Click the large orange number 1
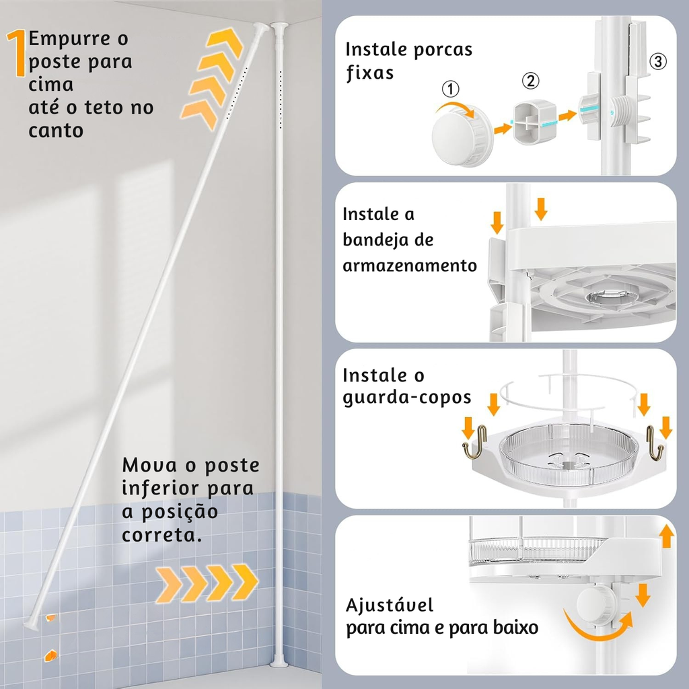coord(17,53)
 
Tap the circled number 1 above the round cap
coord(450,89)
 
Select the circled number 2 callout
coord(531,81)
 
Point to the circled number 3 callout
coord(658,61)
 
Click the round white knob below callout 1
coord(462,135)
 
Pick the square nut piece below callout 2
coord(535,122)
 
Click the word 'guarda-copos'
coord(407,398)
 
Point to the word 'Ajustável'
coord(390,605)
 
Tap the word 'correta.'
coord(162,535)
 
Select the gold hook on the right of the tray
coord(655,443)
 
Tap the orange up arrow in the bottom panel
coord(667,536)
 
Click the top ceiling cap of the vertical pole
coord(279,26)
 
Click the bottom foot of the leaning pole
coord(32,624)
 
